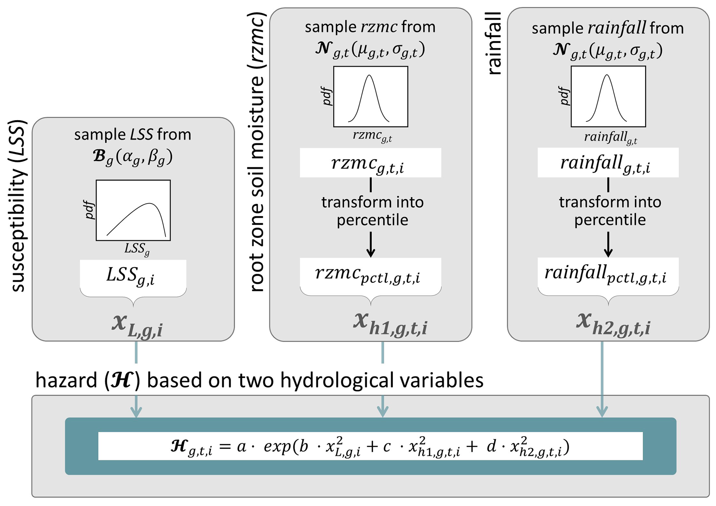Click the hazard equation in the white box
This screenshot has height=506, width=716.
click(370, 446)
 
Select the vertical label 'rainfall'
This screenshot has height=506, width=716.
click(494, 44)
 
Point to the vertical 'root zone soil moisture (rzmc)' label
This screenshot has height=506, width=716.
click(257, 152)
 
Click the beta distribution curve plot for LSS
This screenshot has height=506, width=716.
click(133, 210)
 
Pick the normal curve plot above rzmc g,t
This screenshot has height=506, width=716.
click(370, 97)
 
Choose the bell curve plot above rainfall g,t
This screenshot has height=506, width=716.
click(608, 97)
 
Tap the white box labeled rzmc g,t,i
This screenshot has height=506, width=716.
click(370, 163)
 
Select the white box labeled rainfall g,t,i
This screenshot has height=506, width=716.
click(608, 163)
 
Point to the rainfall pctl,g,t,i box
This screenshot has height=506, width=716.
click(608, 274)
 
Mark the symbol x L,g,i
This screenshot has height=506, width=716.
click(137, 325)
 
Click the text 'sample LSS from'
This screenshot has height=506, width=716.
click(133, 134)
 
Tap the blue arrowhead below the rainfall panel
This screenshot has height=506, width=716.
click(602, 412)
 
